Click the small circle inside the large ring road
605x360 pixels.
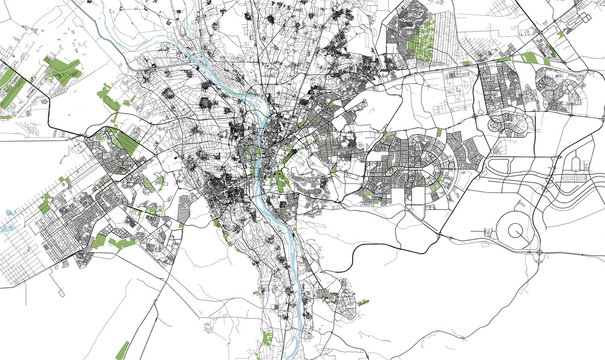pyautogui.click(x=517, y=231)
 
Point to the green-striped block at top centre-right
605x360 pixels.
pyautogui.click(x=423, y=36)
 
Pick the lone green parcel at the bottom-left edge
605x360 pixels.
pyautogui.click(x=122, y=350)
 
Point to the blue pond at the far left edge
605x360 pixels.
pyautogui.click(x=8, y=213)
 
